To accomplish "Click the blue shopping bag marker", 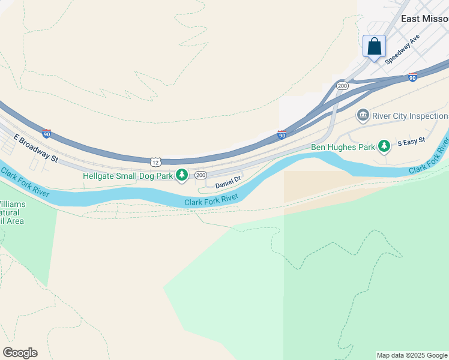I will [x=374, y=46].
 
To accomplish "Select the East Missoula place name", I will [x=424, y=19].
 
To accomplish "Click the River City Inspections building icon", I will [x=363, y=115].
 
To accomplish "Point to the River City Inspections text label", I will [x=411, y=116].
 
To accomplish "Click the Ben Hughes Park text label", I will [x=343, y=146].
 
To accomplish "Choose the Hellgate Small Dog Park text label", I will [x=128, y=176].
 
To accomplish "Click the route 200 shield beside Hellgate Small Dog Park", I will [x=200, y=175].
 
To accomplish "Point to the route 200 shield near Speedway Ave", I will [x=342, y=86].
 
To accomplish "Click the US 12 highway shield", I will [x=155, y=161].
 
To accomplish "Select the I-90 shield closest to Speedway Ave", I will [x=412, y=77].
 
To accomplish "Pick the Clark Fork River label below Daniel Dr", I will [x=211, y=200].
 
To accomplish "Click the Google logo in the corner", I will [x=20, y=353].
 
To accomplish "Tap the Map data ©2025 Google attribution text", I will [x=412, y=355].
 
